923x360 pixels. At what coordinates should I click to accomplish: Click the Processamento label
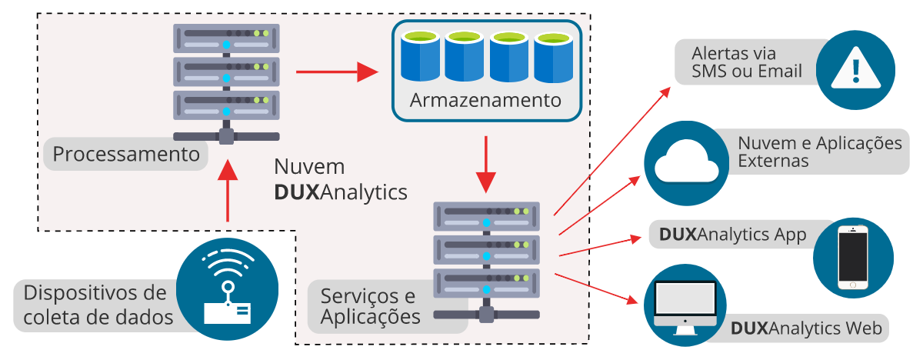(126, 155)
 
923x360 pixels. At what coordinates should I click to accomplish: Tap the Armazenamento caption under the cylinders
(485, 101)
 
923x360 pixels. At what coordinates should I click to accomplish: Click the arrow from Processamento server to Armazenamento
(337, 73)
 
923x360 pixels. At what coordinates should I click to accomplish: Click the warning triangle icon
(855, 70)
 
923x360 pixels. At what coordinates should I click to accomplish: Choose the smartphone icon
(852, 257)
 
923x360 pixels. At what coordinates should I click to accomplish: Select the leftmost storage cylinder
(419, 56)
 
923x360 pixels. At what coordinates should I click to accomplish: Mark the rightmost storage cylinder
(554, 57)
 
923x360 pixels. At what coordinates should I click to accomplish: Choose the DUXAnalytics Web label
(807, 328)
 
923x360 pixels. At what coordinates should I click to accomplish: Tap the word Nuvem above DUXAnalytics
(309, 167)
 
